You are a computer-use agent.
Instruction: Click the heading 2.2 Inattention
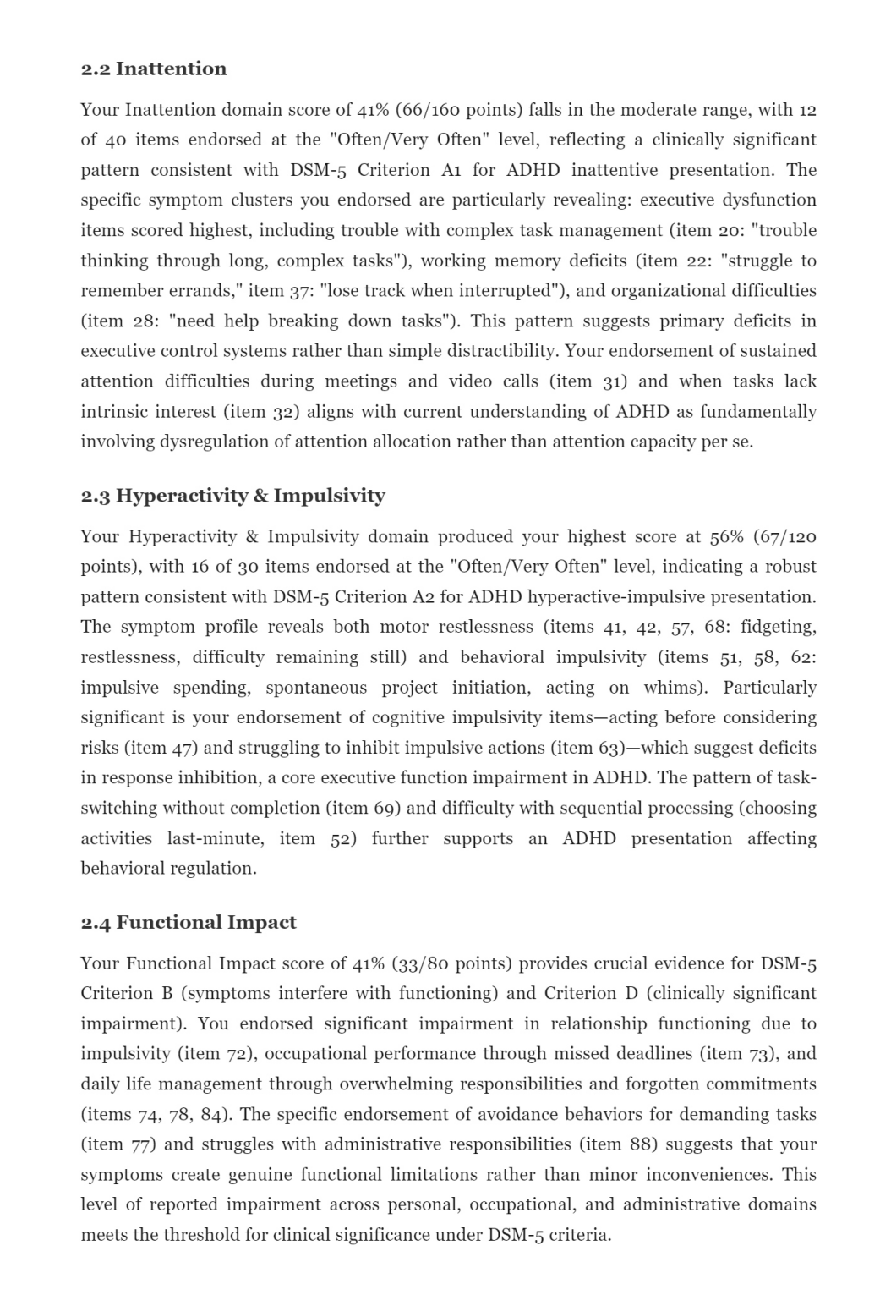click(153, 69)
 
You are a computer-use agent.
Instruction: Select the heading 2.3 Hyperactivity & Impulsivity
click(232, 496)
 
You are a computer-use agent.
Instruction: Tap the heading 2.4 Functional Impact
click(188, 922)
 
